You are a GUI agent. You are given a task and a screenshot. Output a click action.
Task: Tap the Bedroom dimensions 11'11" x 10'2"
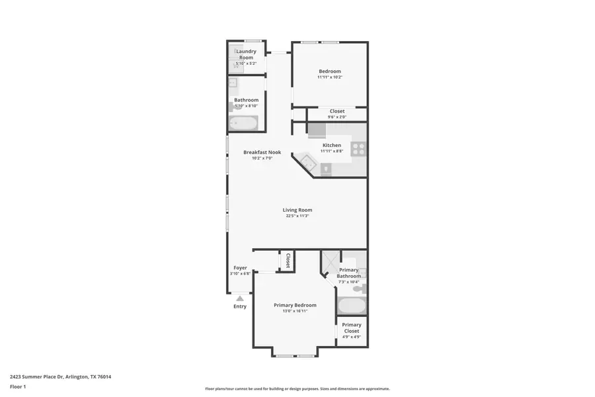coord(330,77)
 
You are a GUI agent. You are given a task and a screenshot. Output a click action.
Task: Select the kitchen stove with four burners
coord(358,149)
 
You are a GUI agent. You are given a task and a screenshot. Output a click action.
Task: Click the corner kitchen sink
coord(305,161)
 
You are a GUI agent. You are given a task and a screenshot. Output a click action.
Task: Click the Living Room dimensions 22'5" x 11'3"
coord(297,216)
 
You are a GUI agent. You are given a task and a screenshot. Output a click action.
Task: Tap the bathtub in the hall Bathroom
coord(243,123)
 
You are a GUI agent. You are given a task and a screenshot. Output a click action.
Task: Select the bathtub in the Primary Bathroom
coord(351,306)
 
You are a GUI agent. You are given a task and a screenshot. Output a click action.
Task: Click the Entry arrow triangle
coord(240,298)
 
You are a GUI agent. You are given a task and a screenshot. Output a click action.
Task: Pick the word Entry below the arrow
coord(240,306)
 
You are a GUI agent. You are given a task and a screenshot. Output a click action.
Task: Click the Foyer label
coord(240,268)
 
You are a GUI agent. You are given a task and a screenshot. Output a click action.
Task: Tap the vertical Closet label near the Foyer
coord(288,261)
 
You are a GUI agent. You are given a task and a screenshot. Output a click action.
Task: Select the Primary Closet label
coord(352,328)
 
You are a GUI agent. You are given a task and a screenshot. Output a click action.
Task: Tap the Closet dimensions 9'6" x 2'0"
coord(337,117)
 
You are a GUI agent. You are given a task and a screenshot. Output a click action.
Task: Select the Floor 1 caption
coord(18,386)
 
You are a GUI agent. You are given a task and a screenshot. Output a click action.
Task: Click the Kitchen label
coord(332,145)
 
